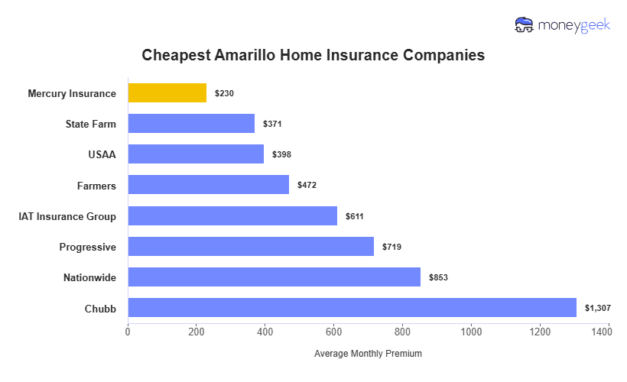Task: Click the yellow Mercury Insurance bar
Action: click(x=167, y=93)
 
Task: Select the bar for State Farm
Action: click(x=191, y=124)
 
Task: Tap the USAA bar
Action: click(x=196, y=154)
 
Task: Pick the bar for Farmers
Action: click(x=208, y=185)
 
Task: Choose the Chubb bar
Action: click(x=352, y=307)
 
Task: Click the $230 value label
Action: click(x=224, y=94)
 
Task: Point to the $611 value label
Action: click(x=355, y=216)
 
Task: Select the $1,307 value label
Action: click(x=598, y=308)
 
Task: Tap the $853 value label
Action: click(x=438, y=277)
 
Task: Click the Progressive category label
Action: click(x=88, y=247)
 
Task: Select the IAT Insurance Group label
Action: click(x=67, y=216)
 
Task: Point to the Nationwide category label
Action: click(x=89, y=277)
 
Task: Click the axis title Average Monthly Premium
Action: click(x=368, y=354)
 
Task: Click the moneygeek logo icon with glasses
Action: click(x=524, y=25)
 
